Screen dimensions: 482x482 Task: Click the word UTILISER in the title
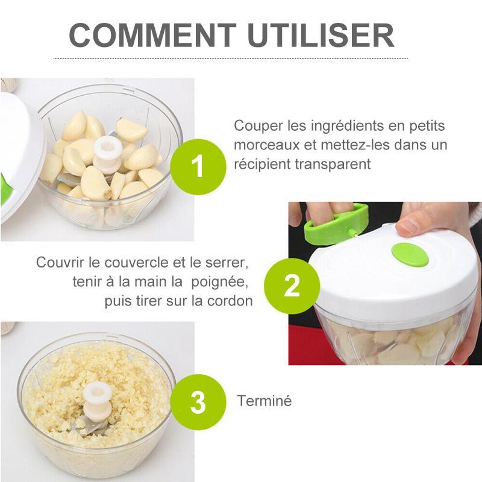(321, 36)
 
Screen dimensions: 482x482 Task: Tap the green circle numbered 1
(198, 167)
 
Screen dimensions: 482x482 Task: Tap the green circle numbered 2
(292, 286)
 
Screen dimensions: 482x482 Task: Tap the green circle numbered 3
(198, 402)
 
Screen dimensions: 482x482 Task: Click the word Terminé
(264, 401)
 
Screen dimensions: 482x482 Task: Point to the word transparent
(333, 164)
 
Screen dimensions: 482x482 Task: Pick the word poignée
(219, 282)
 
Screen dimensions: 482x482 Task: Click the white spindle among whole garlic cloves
(108, 155)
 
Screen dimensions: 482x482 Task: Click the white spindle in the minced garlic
(98, 399)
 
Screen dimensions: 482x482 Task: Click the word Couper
(258, 127)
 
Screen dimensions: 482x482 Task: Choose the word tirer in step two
(149, 301)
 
